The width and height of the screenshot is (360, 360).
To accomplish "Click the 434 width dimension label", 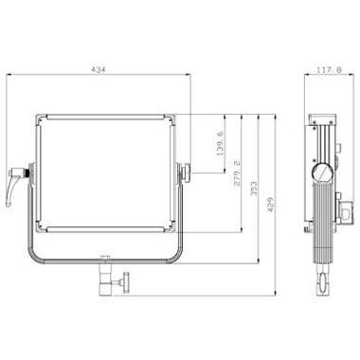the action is tap(98, 69).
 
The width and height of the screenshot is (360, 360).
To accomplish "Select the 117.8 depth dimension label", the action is tap(329, 70).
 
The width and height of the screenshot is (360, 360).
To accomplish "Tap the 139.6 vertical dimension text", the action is tap(220, 143).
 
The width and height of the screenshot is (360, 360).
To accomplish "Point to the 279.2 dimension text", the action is tap(237, 172).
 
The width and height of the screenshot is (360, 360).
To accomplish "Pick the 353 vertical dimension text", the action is tap(254, 189).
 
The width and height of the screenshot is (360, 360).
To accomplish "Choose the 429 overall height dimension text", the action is tap(271, 205).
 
